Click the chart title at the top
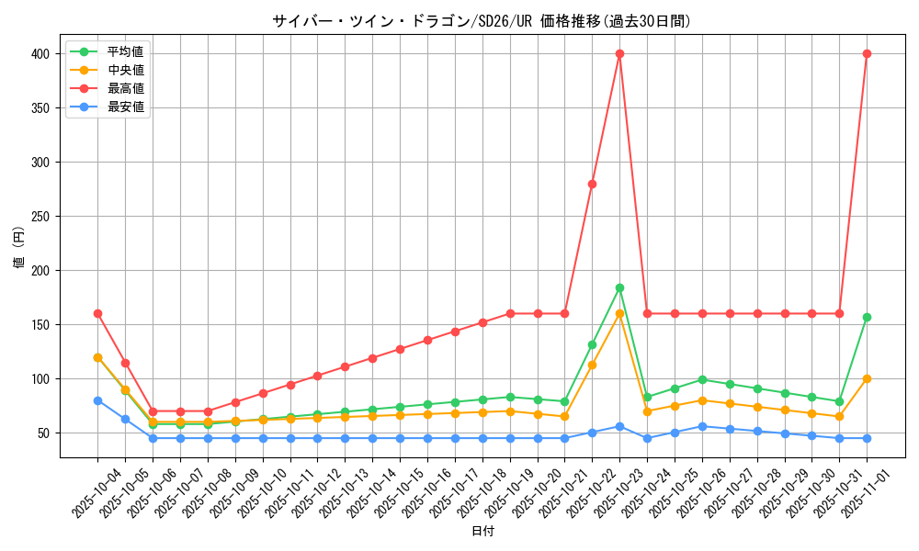pyautogui.click(x=482, y=21)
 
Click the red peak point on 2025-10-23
pyautogui.click(x=619, y=53)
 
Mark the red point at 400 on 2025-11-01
pyautogui.click(x=867, y=53)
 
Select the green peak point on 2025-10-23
pyautogui.click(x=619, y=287)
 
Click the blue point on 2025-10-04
pyautogui.click(x=97, y=400)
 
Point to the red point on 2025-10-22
pyautogui.click(x=592, y=184)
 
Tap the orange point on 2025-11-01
pyautogui.click(x=867, y=378)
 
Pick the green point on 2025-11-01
pyautogui.click(x=867, y=317)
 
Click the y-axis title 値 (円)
pyautogui.click(x=19, y=248)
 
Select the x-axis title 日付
pyautogui.click(x=482, y=532)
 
